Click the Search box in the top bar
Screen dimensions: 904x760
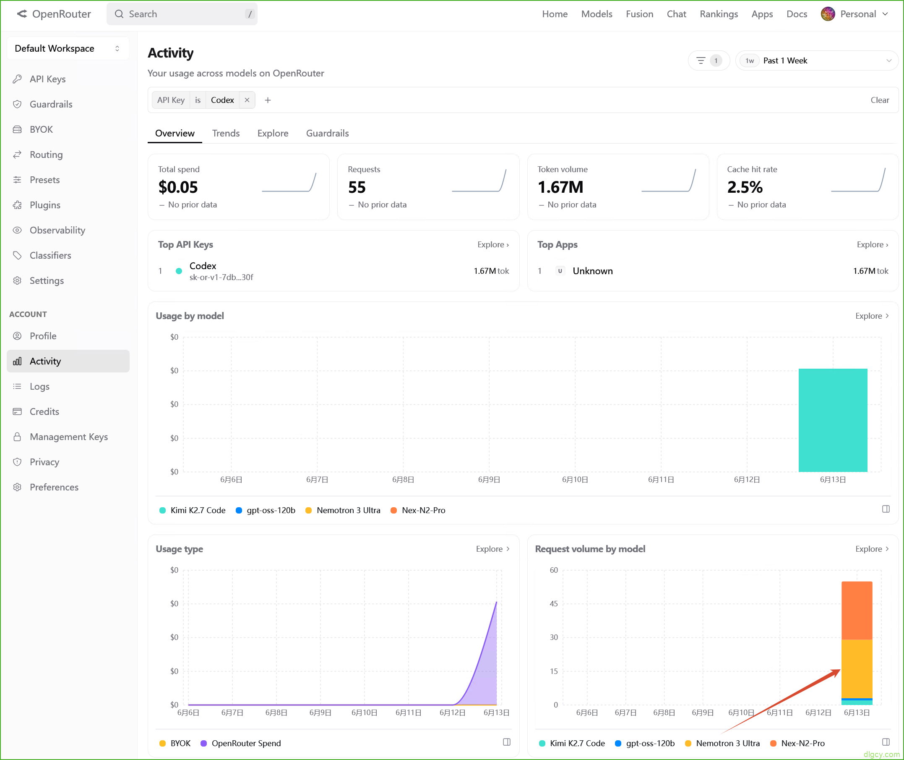point(182,14)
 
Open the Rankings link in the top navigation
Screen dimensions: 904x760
point(719,14)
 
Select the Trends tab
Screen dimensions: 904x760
point(226,133)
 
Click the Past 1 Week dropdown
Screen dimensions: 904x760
point(817,60)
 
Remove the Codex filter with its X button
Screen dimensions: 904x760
point(247,100)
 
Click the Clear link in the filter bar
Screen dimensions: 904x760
point(880,100)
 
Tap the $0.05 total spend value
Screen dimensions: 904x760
point(178,187)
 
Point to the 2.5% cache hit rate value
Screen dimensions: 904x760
point(745,187)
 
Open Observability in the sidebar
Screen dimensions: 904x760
point(57,230)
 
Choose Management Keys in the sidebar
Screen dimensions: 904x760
point(68,436)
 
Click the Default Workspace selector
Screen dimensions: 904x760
point(68,48)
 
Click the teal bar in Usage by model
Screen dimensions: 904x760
point(833,420)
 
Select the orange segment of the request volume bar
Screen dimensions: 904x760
point(857,610)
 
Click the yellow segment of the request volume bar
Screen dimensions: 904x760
point(857,668)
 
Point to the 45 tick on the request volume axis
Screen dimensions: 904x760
point(553,604)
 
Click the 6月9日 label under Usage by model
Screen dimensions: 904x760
point(489,480)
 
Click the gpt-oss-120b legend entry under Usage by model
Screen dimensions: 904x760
point(266,510)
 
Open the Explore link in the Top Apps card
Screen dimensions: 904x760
point(872,244)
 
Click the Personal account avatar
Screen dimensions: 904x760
point(827,14)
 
